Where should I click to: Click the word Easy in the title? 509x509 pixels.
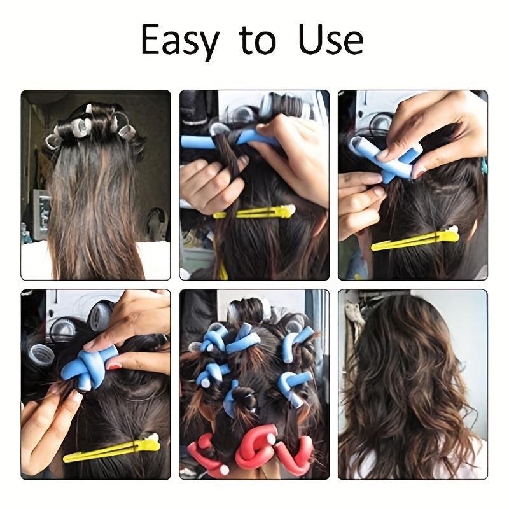click(x=179, y=40)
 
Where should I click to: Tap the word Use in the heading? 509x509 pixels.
click(x=328, y=39)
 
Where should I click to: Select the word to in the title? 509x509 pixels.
click(x=258, y=40)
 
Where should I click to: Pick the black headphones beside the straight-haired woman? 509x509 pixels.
click(x=157, y=223)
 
